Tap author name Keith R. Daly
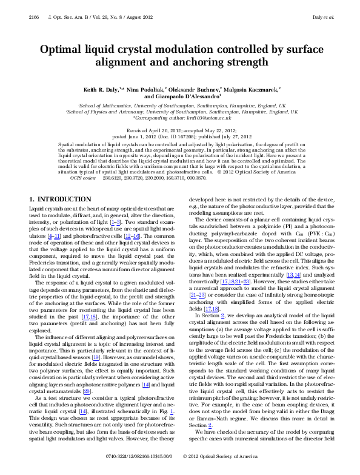101,89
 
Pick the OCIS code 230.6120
111,163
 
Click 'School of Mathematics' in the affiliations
106,105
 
